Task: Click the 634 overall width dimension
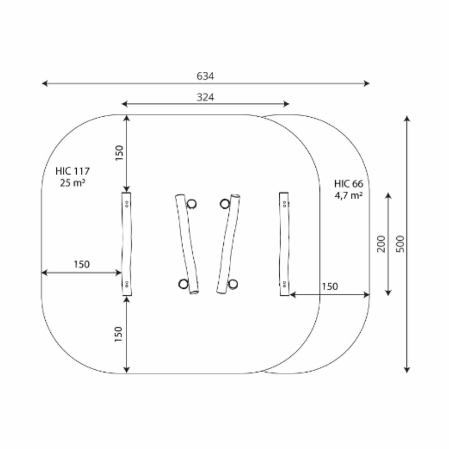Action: coord(205,76)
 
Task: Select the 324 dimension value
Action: coord(206,97)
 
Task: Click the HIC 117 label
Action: coord(72,171)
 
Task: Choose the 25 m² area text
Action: coord(72,183)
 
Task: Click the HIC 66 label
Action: coord(349,184)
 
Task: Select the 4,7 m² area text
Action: coord(349,195)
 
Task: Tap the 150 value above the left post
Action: coord(119,153)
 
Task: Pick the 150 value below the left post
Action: coord(118,334)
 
